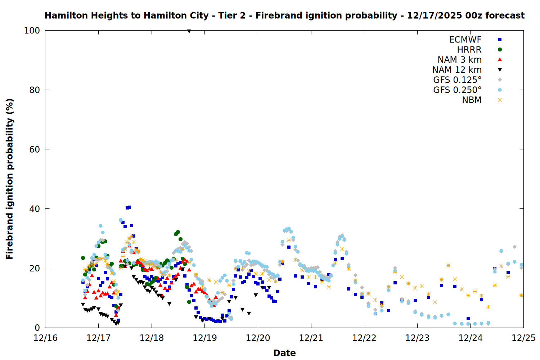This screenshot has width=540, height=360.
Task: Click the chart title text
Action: [284, 15]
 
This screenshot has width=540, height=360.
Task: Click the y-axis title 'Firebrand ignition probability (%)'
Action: [10, 179]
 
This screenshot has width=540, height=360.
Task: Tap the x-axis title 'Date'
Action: [284, 353]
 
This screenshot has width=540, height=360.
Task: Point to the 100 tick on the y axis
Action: [32, 31]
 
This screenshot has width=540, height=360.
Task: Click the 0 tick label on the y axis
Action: [37, 328]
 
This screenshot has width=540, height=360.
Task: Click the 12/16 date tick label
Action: [45, 338]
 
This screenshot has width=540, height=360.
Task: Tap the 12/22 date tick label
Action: [364, 338]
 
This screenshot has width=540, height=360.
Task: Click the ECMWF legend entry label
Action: [465, 40]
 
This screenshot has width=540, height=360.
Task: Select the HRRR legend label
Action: [469, 50]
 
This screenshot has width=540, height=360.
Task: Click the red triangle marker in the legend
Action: [500, 60]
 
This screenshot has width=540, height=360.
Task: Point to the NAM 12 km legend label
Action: [457, 70]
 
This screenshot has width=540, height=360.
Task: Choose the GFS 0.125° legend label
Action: [457, 80]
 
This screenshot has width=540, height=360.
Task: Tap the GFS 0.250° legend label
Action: [457, 90]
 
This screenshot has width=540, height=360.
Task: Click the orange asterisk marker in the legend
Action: [500, 100]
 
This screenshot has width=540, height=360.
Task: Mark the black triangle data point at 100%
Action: [189, 31]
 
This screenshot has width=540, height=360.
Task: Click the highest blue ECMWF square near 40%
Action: [129, 207]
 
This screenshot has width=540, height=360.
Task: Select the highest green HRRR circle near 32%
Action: [178, 232]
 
